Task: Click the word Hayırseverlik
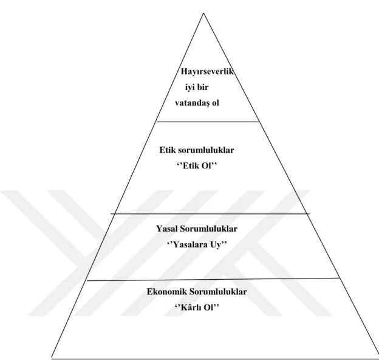(x=207, y=72)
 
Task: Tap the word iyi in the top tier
(x=189, y=87)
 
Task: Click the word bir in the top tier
(x=202, y=87)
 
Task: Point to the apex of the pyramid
(x=203, y=13)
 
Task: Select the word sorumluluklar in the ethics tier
(x=206, y=150)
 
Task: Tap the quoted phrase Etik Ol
(x=197, y=166)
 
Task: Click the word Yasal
(x=166, y=229)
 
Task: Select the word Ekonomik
(x=167, y=292)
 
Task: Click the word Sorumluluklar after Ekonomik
(x=218, y=292)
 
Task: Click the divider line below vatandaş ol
(x=208, y=122)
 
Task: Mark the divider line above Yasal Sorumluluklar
(x=210, y=213)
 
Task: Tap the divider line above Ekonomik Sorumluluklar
(x=213, y=280)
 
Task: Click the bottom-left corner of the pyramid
(x=52, y=357)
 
